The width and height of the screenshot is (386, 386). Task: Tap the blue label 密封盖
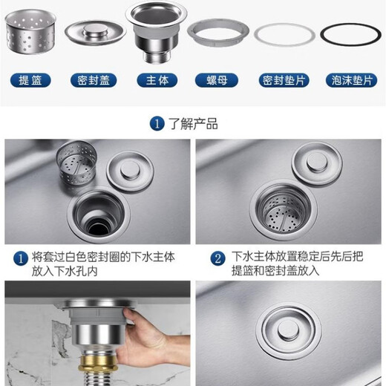click(93, 80)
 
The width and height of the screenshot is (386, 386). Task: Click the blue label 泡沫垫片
click(349, 80)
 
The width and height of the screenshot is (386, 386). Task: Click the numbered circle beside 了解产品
click(157, 124)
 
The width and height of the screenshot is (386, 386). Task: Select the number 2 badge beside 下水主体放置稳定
click(217, 258)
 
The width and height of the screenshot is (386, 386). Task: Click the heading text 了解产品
click(193, 124)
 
